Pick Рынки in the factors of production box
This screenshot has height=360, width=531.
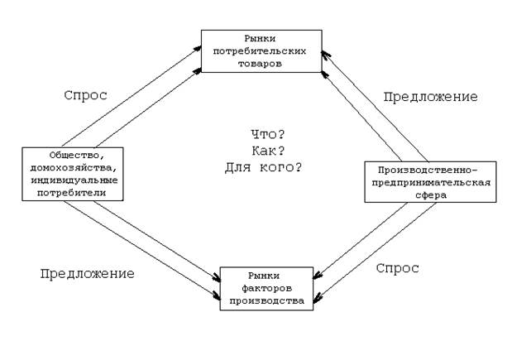click(x=266, y=276)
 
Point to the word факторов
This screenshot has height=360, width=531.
click(x=266, y=289)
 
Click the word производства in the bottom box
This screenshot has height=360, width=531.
click(x=266, y=301)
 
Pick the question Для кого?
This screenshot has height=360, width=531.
click(x=264, y=168)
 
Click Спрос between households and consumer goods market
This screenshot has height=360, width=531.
click(x=85, y=95)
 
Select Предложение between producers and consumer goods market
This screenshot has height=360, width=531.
click(x=430, y=97)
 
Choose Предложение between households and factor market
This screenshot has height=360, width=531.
click(x=87, y=272)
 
